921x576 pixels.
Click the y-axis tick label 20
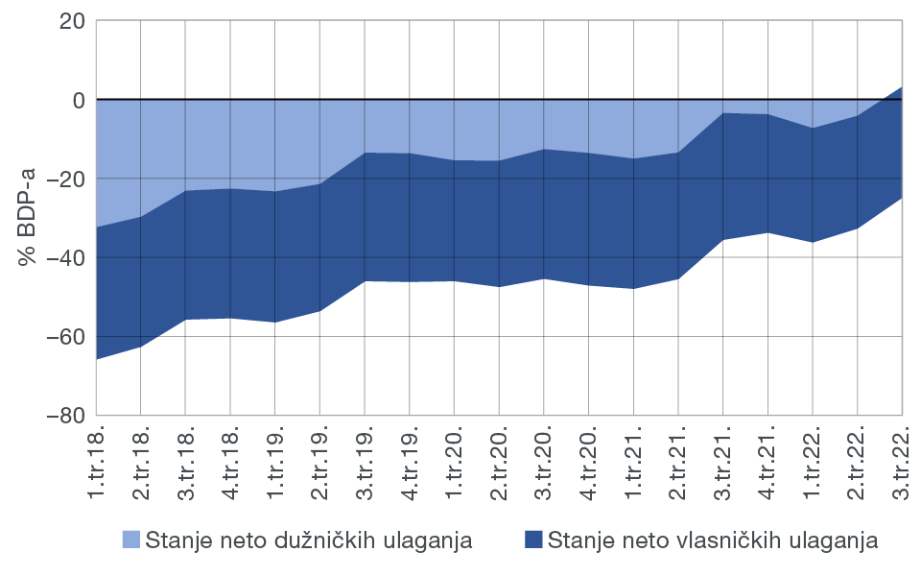(70, 21)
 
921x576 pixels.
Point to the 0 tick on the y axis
(77, 100)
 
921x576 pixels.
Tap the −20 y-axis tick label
(63, 180)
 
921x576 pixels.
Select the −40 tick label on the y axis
(63, 258)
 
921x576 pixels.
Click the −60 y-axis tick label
(63, 337)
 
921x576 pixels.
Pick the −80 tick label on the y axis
(63, 416)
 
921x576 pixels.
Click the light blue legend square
(131, 540)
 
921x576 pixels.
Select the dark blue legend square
(534, 540)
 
